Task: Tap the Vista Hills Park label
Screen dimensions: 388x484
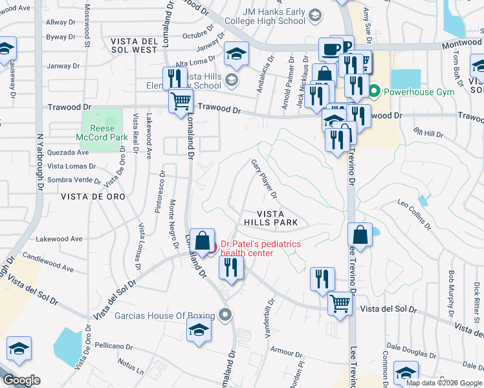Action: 270,218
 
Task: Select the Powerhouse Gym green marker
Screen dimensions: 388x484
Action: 374,92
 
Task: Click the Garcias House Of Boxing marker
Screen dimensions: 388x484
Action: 225,316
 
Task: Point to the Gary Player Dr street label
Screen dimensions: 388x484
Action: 264,179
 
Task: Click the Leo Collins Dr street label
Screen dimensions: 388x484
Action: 414,214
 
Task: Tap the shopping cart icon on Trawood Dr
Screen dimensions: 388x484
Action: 181,101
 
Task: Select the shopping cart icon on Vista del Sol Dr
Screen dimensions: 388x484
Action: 340,303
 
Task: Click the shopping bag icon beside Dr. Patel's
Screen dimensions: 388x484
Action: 203,241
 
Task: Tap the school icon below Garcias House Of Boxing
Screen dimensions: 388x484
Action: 199,330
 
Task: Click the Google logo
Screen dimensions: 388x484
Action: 21,380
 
